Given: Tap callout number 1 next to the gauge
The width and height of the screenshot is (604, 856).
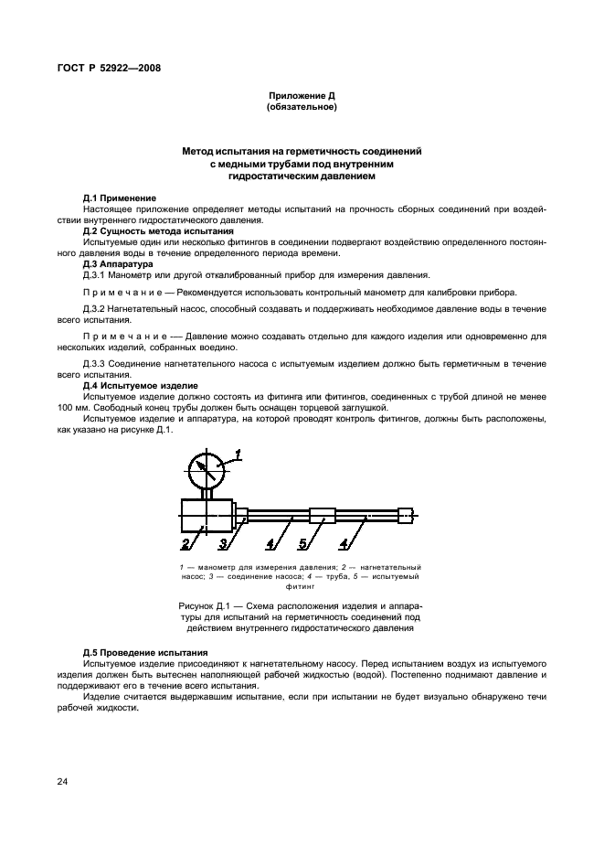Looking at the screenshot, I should click(x=238, y=453).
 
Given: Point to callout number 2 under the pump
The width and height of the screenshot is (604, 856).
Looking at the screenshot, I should click(x=185, y=546).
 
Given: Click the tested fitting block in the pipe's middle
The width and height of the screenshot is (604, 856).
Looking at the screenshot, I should click(x=323, y=516).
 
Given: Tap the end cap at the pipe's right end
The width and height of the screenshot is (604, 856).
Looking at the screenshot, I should click(x=406, y=516).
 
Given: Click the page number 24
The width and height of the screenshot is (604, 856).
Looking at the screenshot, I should click(x=63, y=781).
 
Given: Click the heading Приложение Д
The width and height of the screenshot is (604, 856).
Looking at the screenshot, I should click(x=302, y=96).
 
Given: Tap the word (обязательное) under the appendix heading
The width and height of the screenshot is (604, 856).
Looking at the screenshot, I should click(x=302, y=107).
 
